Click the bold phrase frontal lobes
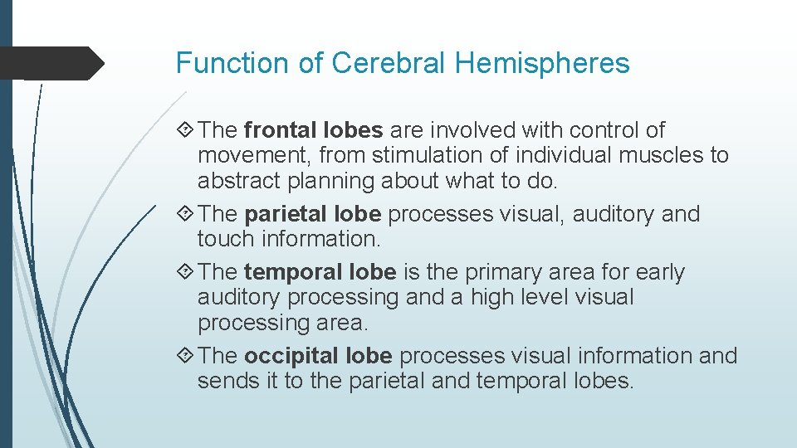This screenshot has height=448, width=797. (313, 130)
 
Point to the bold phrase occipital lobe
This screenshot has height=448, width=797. (317, 356)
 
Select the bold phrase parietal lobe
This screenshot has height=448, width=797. (312, 214)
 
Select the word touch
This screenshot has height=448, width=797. (226, 239)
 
